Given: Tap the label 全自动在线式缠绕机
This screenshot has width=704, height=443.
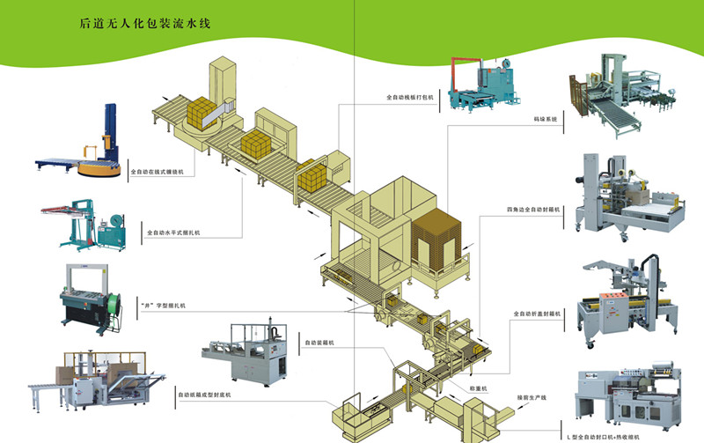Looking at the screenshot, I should tap(158, 173).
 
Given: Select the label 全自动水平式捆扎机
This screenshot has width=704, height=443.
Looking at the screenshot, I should tap(173, 233).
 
